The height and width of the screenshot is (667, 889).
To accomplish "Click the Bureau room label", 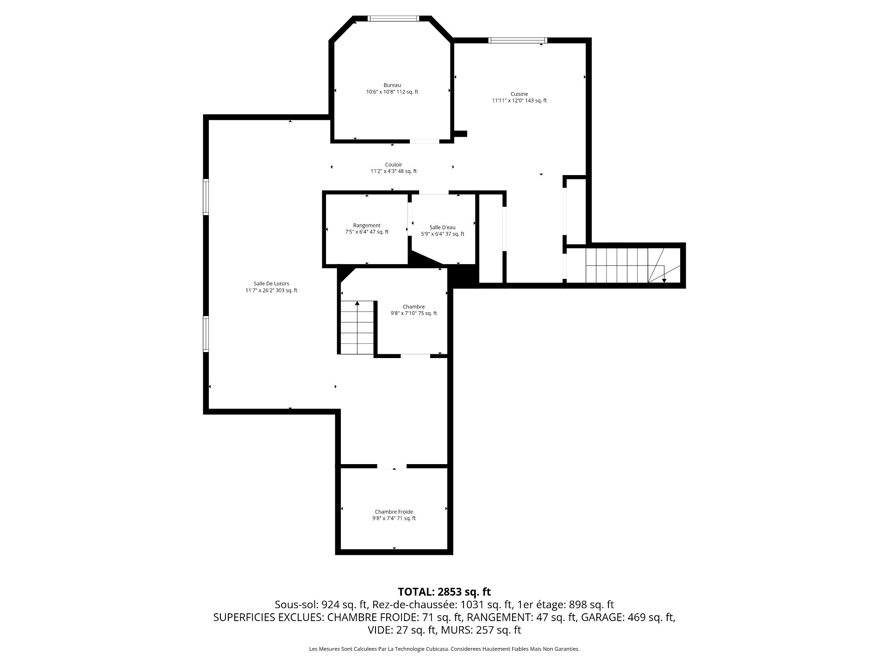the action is tap(392, 85).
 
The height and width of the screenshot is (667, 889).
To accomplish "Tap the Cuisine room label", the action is tap(519, 94).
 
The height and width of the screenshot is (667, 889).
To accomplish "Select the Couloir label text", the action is tap(394, 164).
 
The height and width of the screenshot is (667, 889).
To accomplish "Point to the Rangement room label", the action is tap(367, 226).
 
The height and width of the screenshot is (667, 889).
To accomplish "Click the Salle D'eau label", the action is tap(442, 227).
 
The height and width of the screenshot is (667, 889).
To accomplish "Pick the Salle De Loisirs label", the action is tap(271, 284).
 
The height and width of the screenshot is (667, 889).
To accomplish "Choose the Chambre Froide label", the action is tap(394, 512).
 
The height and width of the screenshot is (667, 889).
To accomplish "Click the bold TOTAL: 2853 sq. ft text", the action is tap(444, 592).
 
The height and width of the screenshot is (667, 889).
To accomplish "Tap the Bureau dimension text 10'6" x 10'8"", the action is tap(384, 92).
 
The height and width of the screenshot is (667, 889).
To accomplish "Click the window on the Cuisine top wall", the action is tap(518, 40).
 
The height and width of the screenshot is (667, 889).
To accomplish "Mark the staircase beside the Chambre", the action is tap(357, 327).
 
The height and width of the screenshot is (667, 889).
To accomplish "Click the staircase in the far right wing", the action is tap(633, 265).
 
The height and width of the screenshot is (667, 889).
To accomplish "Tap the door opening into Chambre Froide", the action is tap(392, 466).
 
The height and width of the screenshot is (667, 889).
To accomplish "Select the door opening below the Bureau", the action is tap(425, 141).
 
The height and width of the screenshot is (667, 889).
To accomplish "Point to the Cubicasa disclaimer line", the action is tap(444, 649).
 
